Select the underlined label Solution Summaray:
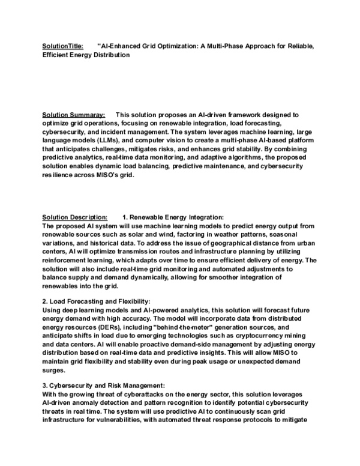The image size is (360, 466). click(x=74, y=113)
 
